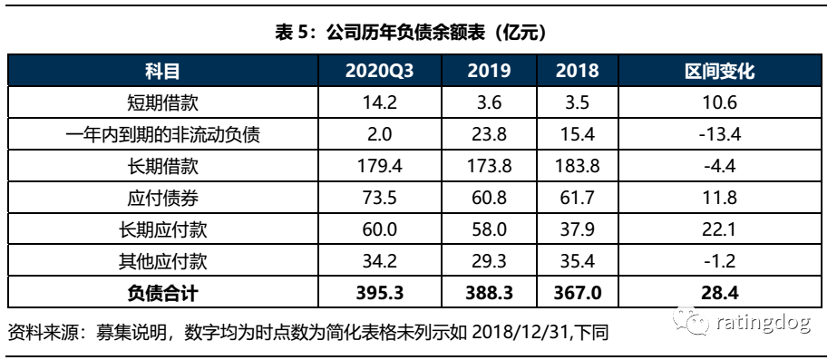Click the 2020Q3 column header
tap(380, 71)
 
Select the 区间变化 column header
tap(719, 71)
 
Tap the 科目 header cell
tap(163, 71)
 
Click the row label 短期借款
tap(163, 102)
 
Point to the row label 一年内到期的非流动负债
tap(163, 134)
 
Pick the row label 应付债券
tap(163, 199)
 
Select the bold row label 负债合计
tap(163, 293)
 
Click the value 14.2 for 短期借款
tap(380, 102)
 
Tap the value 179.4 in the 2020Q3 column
tap(380, 167)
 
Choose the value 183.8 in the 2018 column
tap(577, 167)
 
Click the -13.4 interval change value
tap(719, 134)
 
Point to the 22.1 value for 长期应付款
tap(719, 230)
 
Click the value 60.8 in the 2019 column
tap(490, 199)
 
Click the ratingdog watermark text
tap(764, 322)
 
